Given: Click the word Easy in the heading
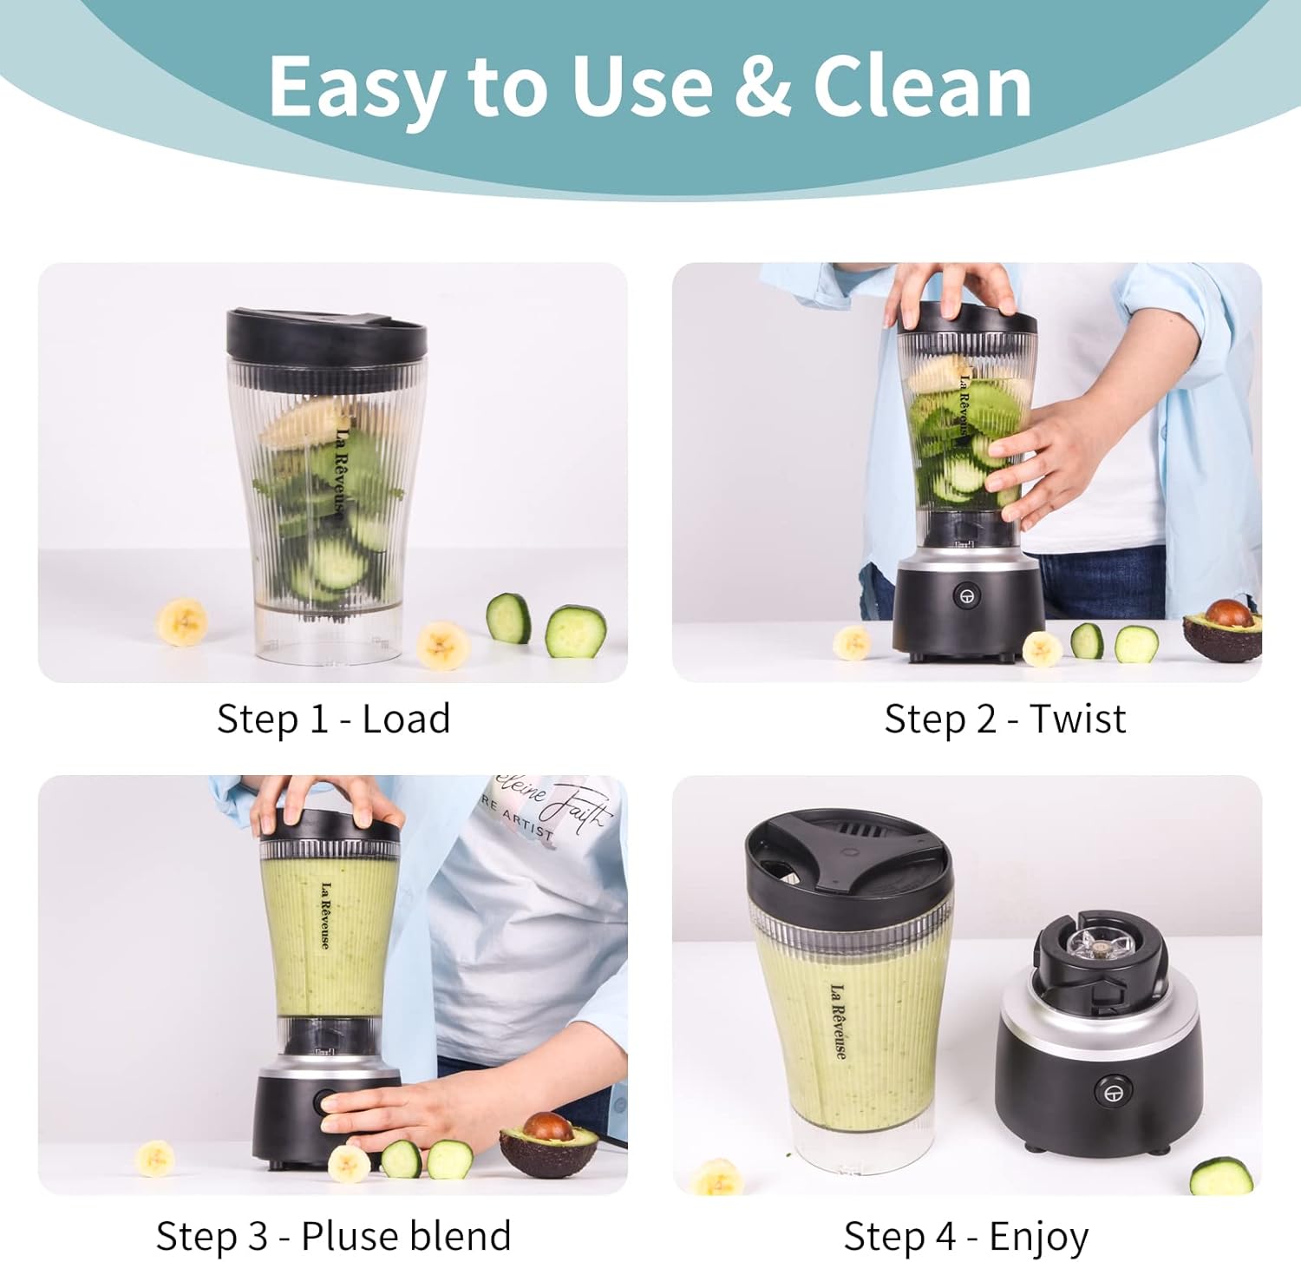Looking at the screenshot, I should pos(357,87).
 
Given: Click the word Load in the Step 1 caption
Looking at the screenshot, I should pos(406,719).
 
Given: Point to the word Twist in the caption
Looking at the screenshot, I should pos(1077,719).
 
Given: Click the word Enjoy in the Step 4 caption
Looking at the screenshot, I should pos(1038,1236).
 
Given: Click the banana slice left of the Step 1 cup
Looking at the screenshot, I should pos(182,621).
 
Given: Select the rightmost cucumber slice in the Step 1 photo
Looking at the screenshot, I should pos(575,631).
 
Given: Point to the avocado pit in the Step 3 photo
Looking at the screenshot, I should pos(548,1127).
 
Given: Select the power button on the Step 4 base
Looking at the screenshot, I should pos(1112,1091).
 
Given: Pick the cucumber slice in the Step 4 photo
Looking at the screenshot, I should pos(1220,1177).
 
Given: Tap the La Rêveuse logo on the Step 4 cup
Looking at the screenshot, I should pos(838,1021).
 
